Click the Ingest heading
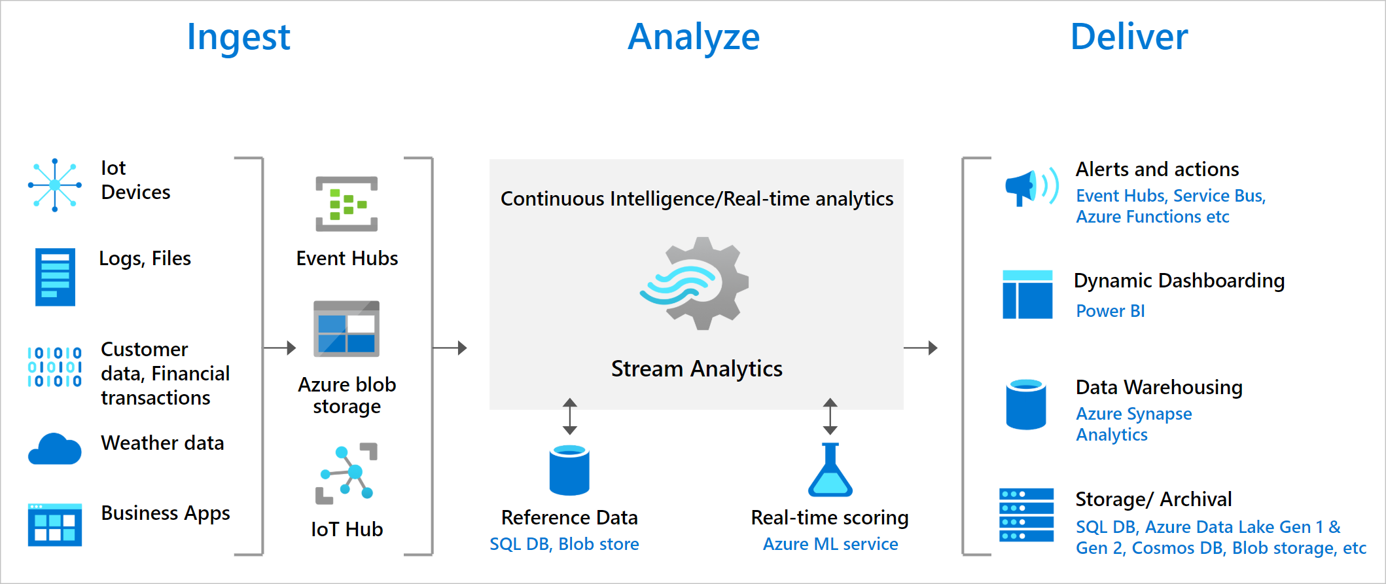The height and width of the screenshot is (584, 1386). (238, 38)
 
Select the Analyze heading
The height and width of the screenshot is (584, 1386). (694, 38)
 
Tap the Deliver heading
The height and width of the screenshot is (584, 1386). (1129, 37)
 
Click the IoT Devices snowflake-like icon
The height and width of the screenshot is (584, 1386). (55, 185)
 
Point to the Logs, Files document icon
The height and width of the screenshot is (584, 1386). (55, 276)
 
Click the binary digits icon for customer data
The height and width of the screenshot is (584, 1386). (55, 367)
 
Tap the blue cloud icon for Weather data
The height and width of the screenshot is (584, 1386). (55, 449)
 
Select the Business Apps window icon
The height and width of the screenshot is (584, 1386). (55, 524)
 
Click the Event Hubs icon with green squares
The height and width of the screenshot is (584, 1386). (346, 204)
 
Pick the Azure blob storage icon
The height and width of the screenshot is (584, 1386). (346, 329)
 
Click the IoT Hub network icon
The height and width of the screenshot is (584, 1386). (347, 473)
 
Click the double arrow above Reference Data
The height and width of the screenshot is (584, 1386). (570, 416)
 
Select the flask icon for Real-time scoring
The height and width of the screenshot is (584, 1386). (830, 470)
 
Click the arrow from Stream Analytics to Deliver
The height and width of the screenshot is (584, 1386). (921, 348)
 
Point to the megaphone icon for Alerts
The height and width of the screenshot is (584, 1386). (1030, 187)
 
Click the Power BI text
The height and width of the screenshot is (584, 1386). (1111, 311)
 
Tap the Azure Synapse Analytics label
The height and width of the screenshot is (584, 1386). (1133, 424)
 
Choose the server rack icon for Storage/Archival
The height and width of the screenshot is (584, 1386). (1026, 515)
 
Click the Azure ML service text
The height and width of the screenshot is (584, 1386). (830, 544)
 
